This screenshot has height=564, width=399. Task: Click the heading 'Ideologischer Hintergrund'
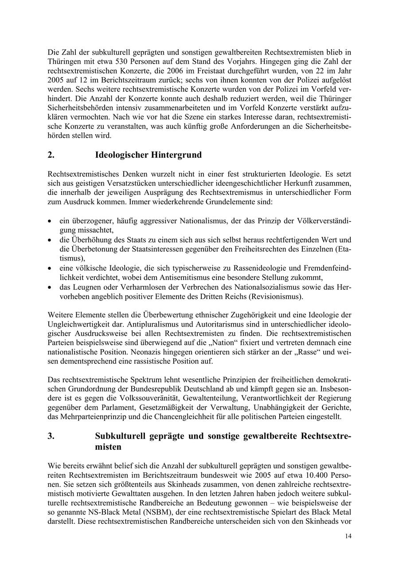point(148,155)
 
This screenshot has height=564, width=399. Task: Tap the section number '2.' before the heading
point(51,155)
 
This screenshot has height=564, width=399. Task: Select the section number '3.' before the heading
point(51,436)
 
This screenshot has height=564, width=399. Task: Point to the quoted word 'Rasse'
point(322,352)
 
